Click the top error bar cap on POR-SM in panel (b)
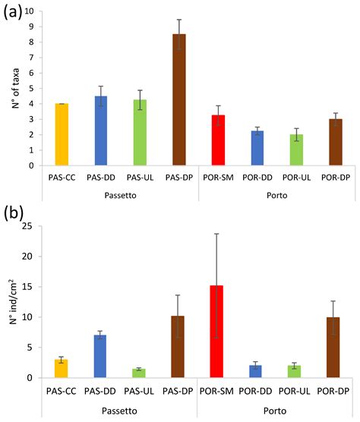coord(217,234)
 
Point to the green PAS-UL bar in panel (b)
coord(140,373)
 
